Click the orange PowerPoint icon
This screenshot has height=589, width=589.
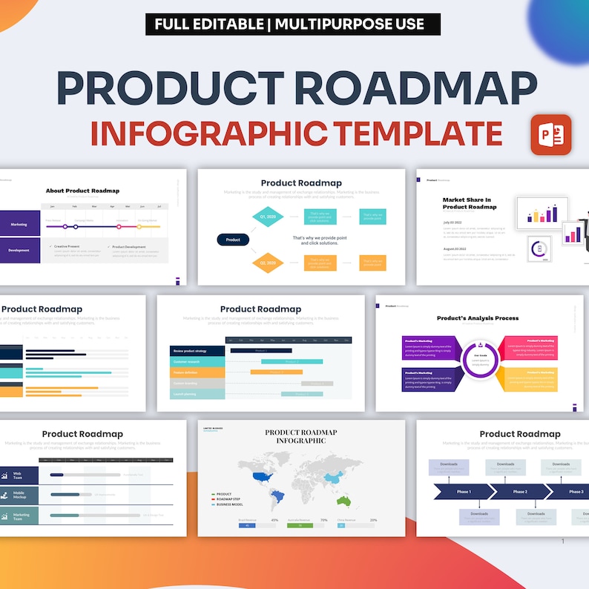pyautogui.click(x=550, y=134)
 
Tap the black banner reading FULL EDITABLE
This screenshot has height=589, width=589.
pyautogui.click(x=293, y=24)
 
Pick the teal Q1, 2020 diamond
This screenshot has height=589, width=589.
pyautogui.click(x=268, y=217)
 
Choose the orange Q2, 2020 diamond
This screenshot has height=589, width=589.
pyautogui.click(x=268, y=263)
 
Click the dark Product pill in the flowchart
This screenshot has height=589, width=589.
pyautogui.click(x=233, y=240)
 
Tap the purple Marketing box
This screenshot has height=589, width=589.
pyautogui.click(x=19, y=224)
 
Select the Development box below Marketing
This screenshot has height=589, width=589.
pyautogui.click(x=19, y=250)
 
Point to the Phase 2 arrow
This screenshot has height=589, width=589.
pyautogui.click(x=520, y=492)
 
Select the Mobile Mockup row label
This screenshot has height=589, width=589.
pyautogui.click(x=19, y=494)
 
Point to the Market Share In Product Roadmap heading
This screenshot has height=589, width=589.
pyautogui.click(x=470, y=203)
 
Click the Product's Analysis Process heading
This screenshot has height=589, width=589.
pyautogui.click(x=477, y=318)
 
